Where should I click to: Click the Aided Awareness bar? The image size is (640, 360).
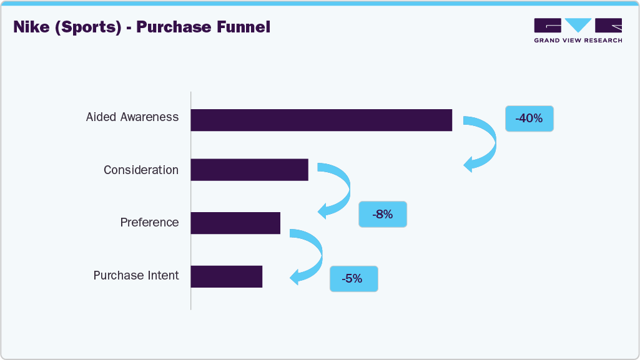(321, 120)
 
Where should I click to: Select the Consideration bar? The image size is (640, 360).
(249, 170)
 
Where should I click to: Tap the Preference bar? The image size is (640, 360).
(235, 223)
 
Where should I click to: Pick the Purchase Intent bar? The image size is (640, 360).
(226, 276)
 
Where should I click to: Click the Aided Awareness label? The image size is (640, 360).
(132, 117)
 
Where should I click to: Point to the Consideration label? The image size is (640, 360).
(141, 170)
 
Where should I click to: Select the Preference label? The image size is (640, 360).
(149, 223)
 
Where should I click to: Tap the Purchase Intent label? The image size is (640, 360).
(136, 276)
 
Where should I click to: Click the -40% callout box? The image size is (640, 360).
(529, 119)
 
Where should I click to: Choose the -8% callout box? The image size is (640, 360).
(382, 214)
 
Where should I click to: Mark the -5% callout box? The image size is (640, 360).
(353, 279)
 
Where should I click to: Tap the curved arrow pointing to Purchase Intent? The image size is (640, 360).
(315, 256)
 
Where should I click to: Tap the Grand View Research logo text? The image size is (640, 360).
(578, 41)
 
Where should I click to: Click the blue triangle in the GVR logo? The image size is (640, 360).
(578, 26)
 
